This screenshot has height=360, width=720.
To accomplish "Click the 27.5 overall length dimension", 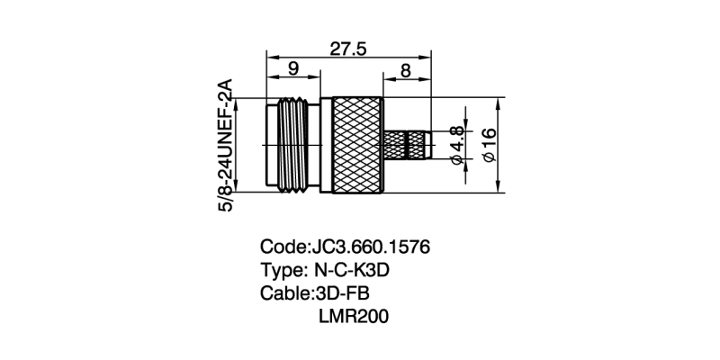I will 346,49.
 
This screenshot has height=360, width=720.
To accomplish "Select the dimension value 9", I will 293,69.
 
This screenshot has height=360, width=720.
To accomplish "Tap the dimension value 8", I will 406,69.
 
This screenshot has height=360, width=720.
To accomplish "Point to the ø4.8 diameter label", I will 456,146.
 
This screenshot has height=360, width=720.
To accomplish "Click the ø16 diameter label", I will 490,144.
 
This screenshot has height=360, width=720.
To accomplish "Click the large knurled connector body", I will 358,145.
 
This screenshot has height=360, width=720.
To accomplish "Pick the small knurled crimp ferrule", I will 406,145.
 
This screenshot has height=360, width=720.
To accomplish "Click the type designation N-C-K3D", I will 355,270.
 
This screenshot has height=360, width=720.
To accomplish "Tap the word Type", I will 281,270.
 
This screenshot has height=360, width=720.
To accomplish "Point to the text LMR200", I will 353,317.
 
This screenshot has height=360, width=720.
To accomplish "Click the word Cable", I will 284,293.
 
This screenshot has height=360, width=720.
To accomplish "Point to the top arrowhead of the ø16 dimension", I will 500,102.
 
